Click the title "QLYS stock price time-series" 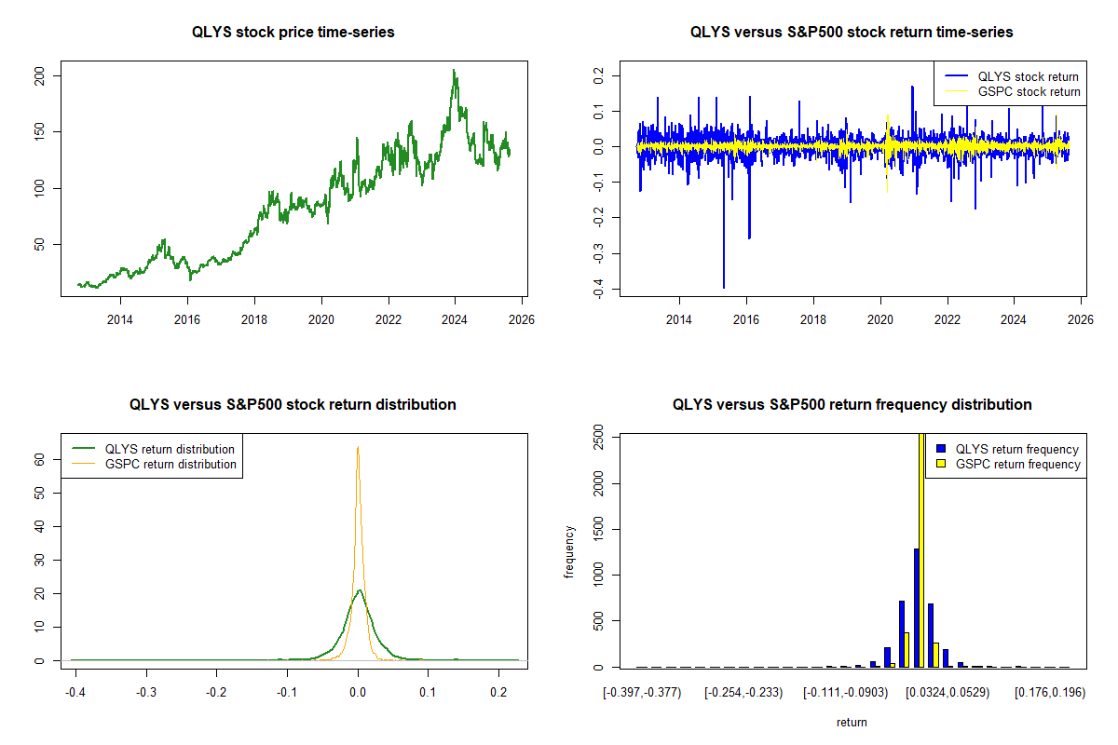pos(293,33)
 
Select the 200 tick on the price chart pos(39,75)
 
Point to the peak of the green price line pos(454,71)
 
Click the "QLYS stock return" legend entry pos(1028,77)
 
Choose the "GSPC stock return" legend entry pos(1029,92)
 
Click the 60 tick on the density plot pos(40,459)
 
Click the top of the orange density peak pos(358,448)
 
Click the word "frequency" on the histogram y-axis pos(569,551)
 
